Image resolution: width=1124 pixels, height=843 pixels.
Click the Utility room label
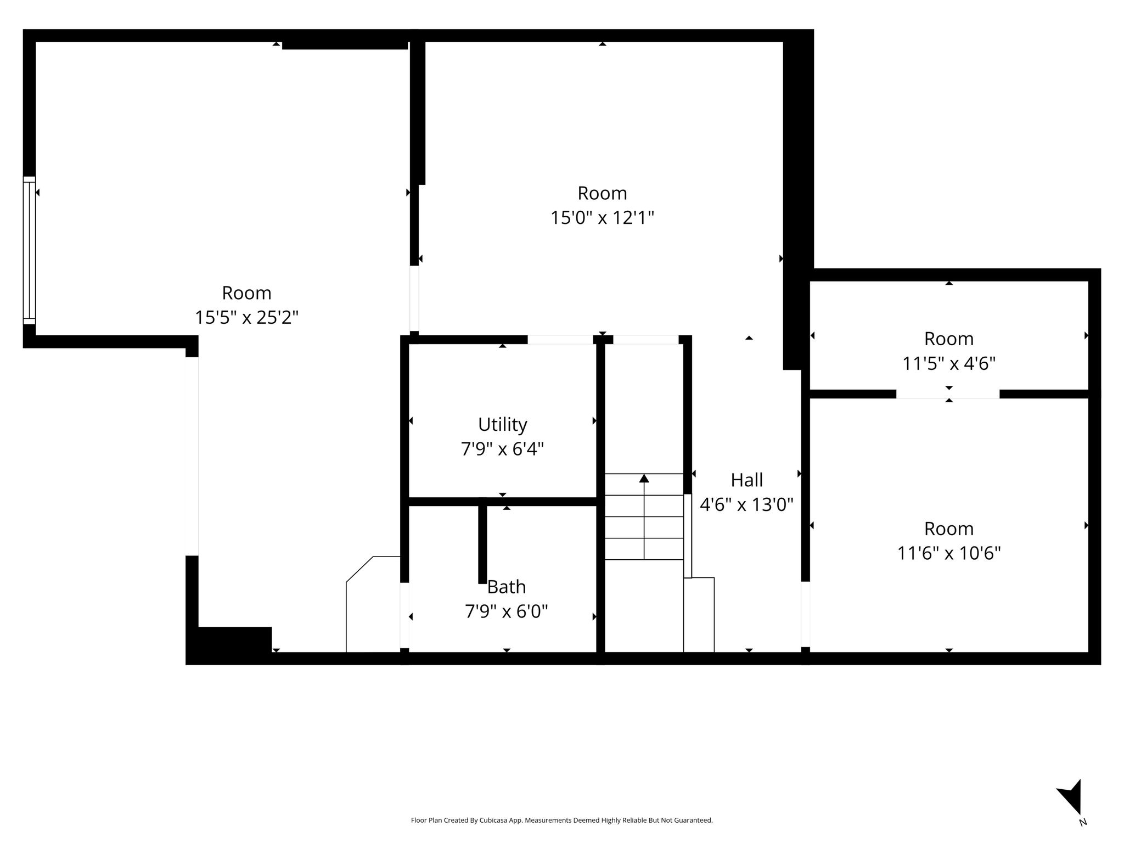pos(502,425)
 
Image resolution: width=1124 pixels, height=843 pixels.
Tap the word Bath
pos(507,587)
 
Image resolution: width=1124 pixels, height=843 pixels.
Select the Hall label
pos(746,480)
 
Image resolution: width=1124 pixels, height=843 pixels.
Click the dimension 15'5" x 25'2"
pos(246,317)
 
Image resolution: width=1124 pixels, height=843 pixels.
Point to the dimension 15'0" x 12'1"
pos(602,218)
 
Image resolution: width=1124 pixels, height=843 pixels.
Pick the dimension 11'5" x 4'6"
pos(949,363)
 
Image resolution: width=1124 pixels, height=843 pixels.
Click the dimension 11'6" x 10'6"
pos(949,553)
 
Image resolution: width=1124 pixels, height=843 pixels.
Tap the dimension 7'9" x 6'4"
pos(502,449)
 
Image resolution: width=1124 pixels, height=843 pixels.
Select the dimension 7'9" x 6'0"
pos(507,611)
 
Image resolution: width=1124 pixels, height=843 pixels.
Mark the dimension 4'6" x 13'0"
pos(746,504)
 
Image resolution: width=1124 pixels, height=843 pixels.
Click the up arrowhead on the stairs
pos(644,479)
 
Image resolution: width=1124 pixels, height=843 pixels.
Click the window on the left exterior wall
pos(29,250)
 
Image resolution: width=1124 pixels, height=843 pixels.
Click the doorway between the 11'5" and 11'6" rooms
pos(948,394)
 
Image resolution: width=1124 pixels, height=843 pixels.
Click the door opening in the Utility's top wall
pos(560,340)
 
